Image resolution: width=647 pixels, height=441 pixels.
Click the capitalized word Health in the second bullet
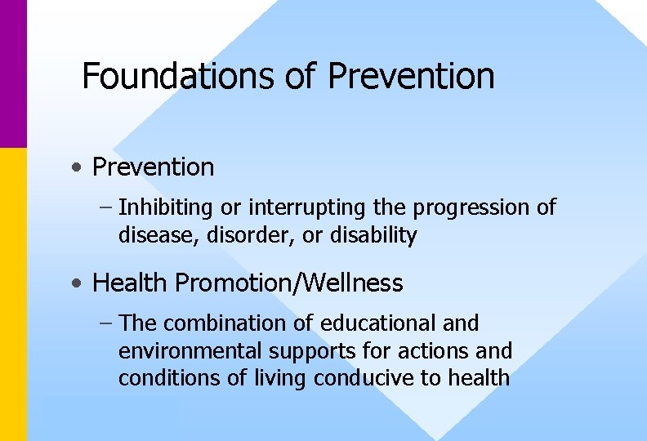click(x=131, y=283)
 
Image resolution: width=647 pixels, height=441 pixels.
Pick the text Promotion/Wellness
click(x=289, y=283)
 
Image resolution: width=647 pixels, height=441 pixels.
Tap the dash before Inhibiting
click(x=106, y=208)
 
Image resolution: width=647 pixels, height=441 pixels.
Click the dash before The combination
click(x=106, y=324)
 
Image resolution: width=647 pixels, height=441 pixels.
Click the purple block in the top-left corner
click(x=13, y=73)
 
